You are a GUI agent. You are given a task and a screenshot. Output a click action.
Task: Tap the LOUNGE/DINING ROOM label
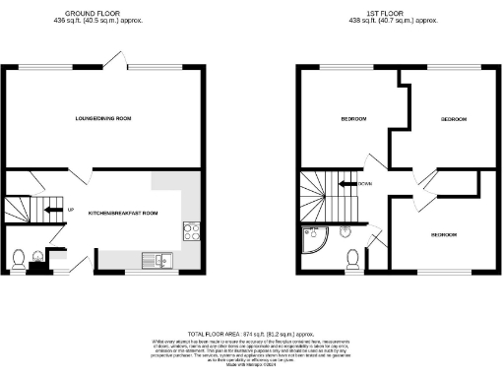coord(103,118)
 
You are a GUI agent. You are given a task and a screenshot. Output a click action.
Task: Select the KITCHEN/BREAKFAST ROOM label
coord(122,213)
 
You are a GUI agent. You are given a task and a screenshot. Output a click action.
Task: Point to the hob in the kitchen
coord(191,232)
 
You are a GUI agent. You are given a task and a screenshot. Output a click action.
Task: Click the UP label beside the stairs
coord(71,209)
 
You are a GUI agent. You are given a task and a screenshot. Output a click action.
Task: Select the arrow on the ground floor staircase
coord(54,209)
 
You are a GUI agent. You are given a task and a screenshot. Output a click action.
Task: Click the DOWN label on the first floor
coord(365,183)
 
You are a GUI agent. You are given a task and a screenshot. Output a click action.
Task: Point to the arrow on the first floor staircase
coord(346,183)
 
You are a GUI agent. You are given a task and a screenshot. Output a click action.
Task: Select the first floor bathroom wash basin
coord(346,232)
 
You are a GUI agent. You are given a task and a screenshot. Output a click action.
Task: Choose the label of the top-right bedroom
coord(453,118)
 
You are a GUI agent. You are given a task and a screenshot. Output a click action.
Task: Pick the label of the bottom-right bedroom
coord(442,235)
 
